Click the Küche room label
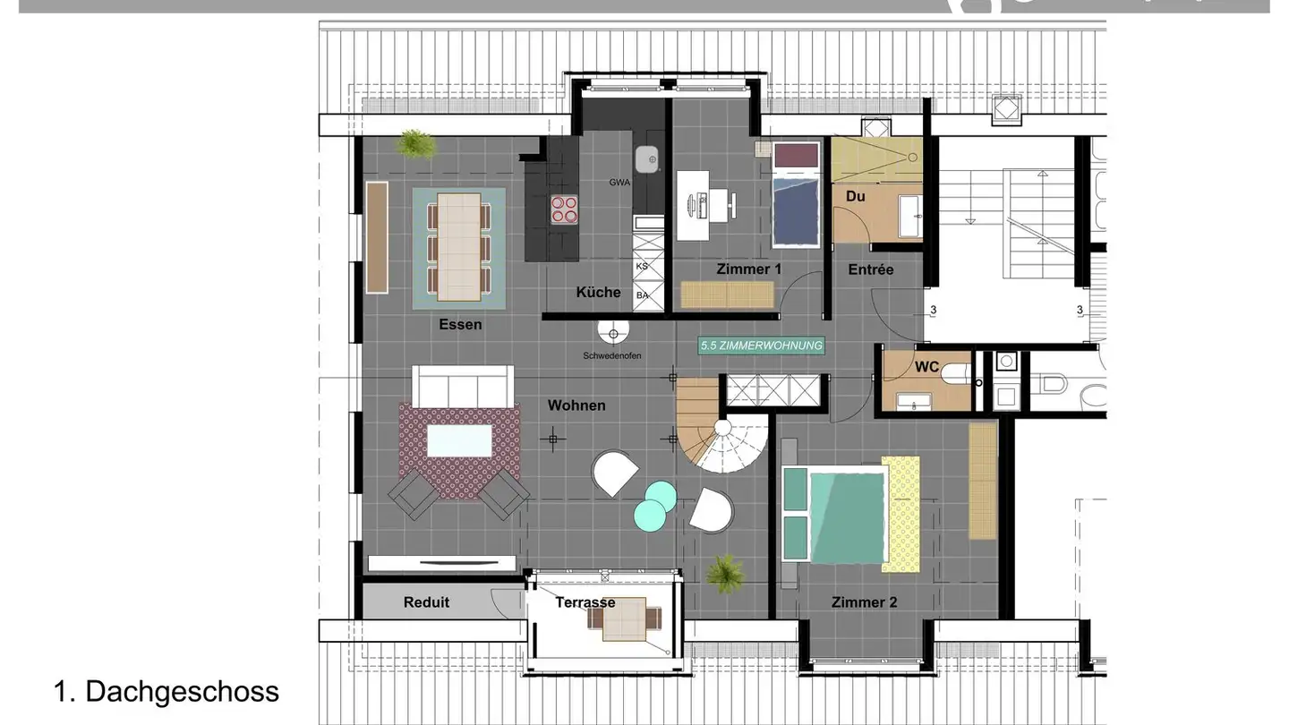[x=598, y=292]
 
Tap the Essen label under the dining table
[x=460, y=325]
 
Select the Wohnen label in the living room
[x=576, y=405]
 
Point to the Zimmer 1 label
[x=749, y=269]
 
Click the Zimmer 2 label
[x=864, y=602]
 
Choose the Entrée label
[x=871, y=269]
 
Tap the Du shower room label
[x=855, y=195]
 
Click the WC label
[x=926, y=367]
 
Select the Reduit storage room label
[x=426, y=602]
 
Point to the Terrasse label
[x=585, y=602]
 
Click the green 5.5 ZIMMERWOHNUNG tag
[x=761, y=345]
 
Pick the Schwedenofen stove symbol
[x=614, y=334]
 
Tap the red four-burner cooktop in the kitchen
[x=564, y=209]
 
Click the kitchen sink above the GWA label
[x=647, y=159]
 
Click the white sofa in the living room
[x=462, y=385]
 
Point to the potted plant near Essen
[x=416, y=143]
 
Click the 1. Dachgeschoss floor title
[x=166, y=691]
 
